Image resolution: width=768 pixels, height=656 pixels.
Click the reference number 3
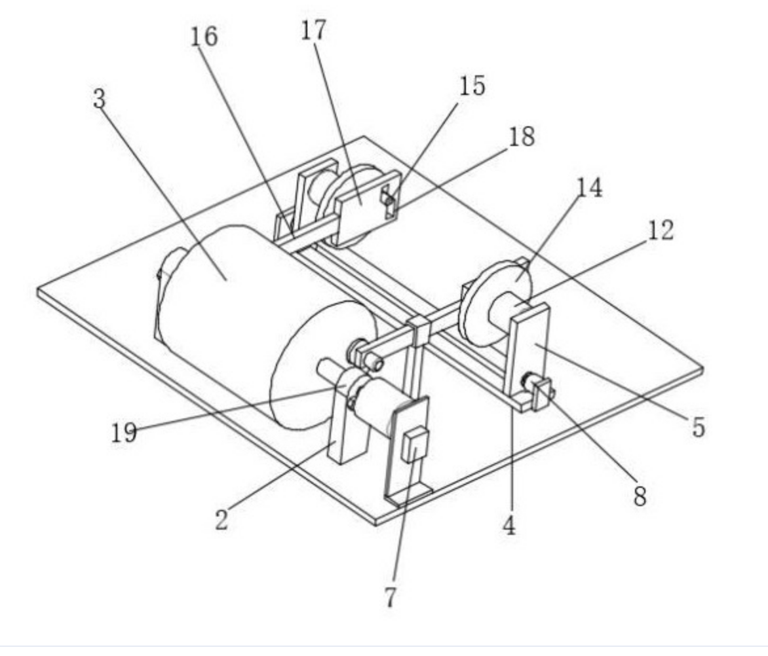click(99, 100)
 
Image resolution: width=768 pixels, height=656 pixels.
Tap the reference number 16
click(204, 37)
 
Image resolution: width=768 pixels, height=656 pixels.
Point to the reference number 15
click(472, 86)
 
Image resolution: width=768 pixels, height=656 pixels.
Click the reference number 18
click(522, 137)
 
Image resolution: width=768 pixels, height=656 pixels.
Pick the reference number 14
click(589, 188)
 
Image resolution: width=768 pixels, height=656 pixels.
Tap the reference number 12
click(660, 230)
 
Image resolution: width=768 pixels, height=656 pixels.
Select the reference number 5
click(699, 427)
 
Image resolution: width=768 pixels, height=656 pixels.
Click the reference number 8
click(640, 496)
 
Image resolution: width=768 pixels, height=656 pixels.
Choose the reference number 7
click(391, 596)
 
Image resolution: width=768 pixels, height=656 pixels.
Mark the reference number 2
click(221, 520)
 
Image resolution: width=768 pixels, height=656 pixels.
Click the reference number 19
click(124, 432)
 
